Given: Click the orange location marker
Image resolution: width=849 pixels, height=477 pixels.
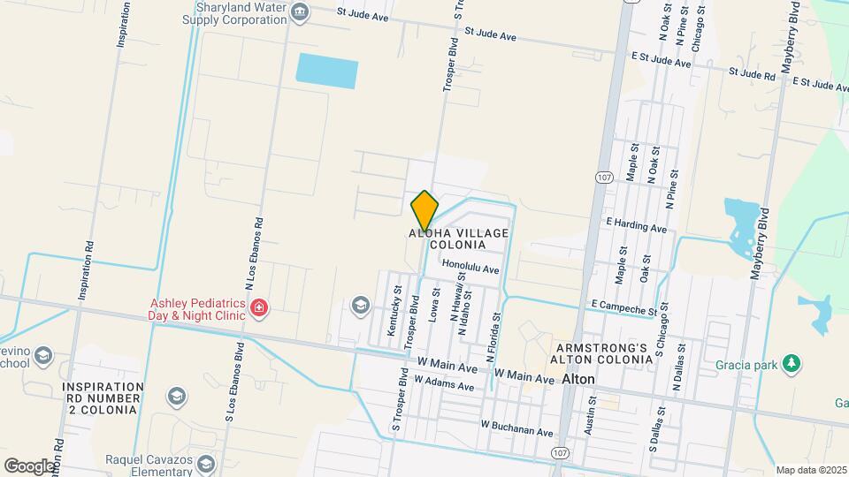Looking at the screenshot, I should tap(424, 210).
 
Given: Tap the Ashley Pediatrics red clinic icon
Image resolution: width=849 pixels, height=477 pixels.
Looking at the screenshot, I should tap(259, 308).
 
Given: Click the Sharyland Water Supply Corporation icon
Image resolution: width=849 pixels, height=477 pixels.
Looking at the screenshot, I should tap(300, 11).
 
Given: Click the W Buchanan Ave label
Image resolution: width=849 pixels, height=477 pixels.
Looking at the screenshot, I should tap(517, 428).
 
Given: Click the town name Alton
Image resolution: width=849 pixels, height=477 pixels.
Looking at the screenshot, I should tap(578, 378).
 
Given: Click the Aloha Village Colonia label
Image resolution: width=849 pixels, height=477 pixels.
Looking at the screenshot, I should tap(459, 238).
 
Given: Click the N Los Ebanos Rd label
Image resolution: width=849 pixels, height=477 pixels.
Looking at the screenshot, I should tap(249, 255).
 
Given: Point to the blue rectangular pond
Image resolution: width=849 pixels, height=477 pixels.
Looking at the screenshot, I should tap(327, 71).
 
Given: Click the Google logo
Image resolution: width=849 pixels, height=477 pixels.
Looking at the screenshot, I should tap(29, 466).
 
